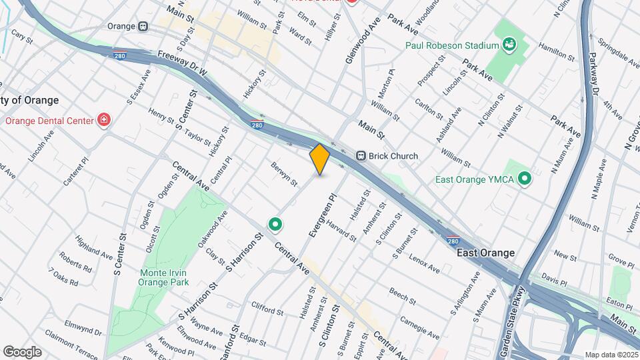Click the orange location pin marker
coord(320,159)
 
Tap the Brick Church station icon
coord(361,156)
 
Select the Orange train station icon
coord(143,26)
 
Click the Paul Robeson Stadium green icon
coord(510,45)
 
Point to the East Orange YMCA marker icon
coord(525,179)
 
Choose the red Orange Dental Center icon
coord(103,121)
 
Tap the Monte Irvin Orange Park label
coord(162,277)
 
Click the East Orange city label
coord(485,253)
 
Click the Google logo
coord(22,351)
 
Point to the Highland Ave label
coord(93,247)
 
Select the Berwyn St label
coord(284,173)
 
